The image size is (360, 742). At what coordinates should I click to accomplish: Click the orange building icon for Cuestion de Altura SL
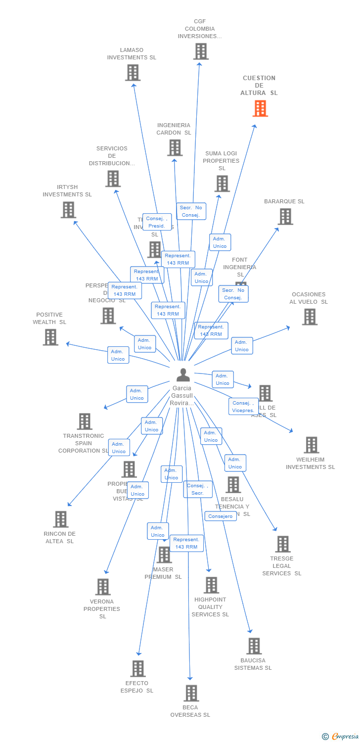260,108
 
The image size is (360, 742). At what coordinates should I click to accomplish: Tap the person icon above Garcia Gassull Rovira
183,375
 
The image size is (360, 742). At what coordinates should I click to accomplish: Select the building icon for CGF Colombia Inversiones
201,51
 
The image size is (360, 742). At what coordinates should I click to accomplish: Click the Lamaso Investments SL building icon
133,73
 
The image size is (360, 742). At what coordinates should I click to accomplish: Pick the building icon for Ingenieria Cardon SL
175,147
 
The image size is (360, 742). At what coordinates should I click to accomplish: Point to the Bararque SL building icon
285,216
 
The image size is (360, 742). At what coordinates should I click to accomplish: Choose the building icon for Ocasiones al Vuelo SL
310,317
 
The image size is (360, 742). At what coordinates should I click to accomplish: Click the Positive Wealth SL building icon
50,337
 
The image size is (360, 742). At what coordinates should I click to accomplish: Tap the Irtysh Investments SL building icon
68,210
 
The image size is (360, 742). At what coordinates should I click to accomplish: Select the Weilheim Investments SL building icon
311,445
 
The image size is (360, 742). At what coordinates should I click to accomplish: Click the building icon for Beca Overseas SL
191,693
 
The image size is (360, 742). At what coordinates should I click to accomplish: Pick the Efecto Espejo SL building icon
138,668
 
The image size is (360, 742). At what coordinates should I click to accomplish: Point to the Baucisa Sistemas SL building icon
254,646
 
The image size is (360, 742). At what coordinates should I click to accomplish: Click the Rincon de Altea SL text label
59,537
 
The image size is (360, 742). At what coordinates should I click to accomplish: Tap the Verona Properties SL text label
102,609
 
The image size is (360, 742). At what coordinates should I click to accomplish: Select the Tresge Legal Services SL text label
282,566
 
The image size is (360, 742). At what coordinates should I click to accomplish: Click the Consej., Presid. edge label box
157,222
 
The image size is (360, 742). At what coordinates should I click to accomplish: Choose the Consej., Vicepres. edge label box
243,407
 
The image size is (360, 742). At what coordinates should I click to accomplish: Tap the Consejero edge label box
221,516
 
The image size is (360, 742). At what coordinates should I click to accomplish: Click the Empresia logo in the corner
341,737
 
